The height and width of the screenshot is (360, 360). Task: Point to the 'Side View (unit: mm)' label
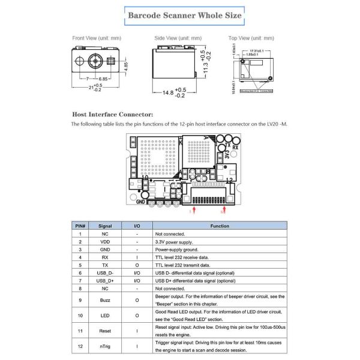[x=178, y=38]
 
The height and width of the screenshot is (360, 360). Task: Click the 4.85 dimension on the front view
[x=126, y=65]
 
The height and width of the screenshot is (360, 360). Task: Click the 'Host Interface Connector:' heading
[x=112, y=113]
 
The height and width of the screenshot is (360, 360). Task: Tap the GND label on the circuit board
[x=141, y=202]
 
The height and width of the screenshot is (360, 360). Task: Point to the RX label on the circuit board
[x=236, y=146]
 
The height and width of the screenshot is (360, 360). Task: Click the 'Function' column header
[x=220, y=226]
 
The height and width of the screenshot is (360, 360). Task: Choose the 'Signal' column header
[x=105, y=226]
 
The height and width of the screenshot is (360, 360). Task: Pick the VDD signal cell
[x=105, y=242]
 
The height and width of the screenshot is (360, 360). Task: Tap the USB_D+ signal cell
[x=105, y=281]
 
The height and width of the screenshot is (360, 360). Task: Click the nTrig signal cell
[x=105, y=346]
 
